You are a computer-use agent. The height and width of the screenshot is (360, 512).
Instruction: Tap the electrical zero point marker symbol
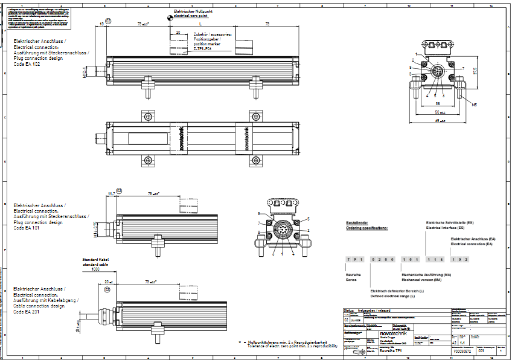point(166,19)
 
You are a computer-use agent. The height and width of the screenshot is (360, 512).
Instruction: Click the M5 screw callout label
point(475,104)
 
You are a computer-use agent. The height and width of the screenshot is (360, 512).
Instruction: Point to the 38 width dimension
point(437,103)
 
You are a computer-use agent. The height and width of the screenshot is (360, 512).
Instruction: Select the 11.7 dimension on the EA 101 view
point(111,193)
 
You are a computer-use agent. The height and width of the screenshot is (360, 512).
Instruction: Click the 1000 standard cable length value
point(95,269)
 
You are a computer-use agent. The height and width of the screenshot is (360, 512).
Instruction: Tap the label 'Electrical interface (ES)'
point(445,228)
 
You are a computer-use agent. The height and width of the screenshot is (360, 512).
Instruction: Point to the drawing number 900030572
point(461,350)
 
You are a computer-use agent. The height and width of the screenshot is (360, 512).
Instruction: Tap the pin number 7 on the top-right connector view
point(463,68)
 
